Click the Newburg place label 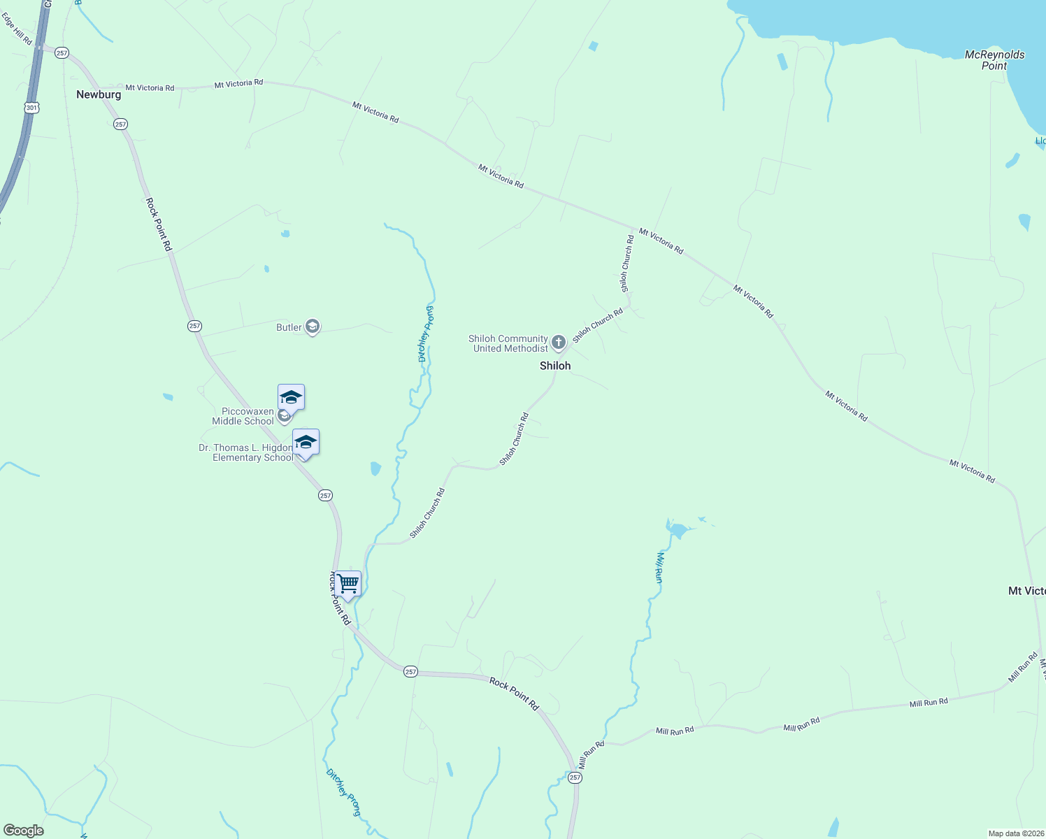coord(99,94)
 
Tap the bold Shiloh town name coord(555,366)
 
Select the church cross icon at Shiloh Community coord(558,343)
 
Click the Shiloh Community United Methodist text coord(510,343)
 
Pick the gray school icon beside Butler coord(313,327)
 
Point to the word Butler coord(289,327)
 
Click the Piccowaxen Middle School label coord(243,416)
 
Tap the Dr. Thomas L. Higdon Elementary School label coord(246,452)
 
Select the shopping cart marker coord(348,583)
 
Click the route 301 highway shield coord(31,108)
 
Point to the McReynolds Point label coord(994,60)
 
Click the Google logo coord(24,831)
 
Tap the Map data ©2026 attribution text coord(1015,833)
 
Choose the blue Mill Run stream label coord(659,567)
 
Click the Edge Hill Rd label coord(17,29)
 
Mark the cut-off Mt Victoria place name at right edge coord(1026,591)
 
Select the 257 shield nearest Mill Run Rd coord(575,777)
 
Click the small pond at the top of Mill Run coord(676,529)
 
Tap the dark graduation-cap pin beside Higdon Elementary coord(306,442)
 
